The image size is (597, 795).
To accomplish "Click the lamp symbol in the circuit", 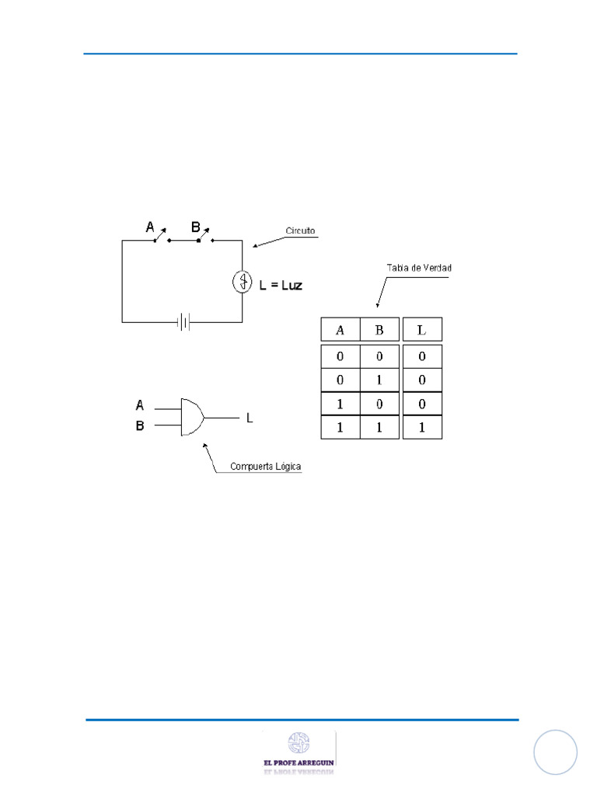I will pos(242,283).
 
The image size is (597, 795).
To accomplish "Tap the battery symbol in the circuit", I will pos(183,321).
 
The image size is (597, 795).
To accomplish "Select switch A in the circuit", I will pos(160,235).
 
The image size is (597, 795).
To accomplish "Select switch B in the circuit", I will pos(204,235).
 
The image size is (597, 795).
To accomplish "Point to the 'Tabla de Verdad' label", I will pos(419,268).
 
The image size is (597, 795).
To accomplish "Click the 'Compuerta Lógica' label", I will pos(265,467).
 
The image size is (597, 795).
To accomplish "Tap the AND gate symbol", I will pos(191,417).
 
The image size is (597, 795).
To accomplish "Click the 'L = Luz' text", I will pos(281,285).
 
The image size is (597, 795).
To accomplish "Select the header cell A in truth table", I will pos(340,329).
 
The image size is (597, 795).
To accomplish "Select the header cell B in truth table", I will pos(379,329).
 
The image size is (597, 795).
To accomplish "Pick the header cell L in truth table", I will pos(422,329).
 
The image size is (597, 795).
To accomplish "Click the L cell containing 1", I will pos(422,428).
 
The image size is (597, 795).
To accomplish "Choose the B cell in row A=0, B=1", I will pos(379,380).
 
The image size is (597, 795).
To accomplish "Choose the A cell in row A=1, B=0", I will pos(340,404).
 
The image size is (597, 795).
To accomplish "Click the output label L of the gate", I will pos(250,418).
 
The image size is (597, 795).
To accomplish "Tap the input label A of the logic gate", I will pos(140,404).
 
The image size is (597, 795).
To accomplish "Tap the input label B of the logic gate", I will pos(140,425).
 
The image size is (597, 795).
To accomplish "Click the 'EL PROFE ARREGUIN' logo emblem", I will pos(298,743).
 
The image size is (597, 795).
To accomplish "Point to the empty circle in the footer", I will pos(556,752).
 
